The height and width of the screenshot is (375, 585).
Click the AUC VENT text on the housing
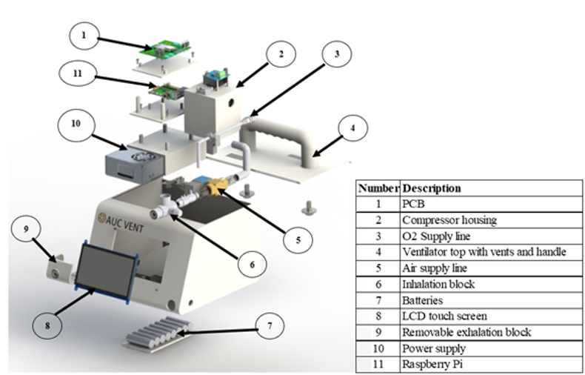click(121, 221)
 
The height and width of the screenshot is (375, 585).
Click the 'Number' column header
click(378, 188)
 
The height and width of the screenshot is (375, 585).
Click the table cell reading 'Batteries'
click(423, 301)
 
